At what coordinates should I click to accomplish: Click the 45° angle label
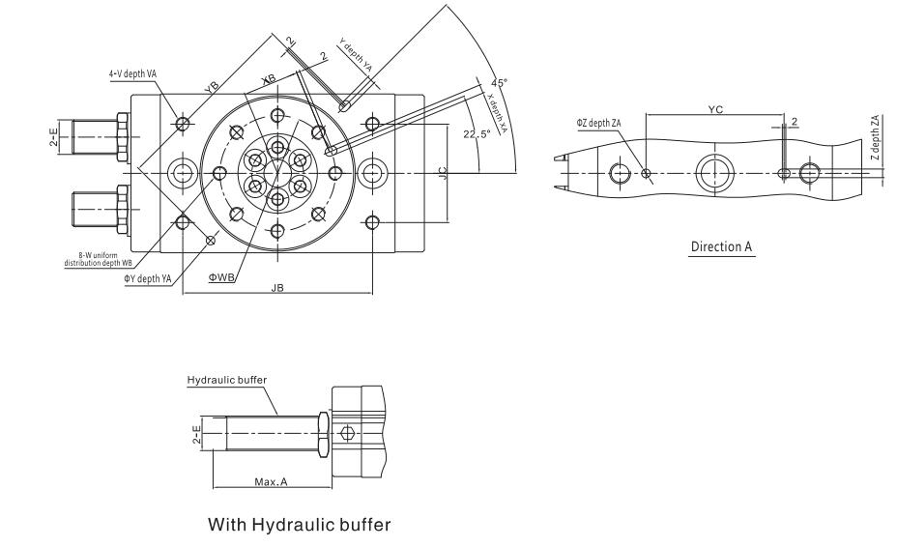[499, 83]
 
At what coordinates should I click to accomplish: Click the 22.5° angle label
[477, 132]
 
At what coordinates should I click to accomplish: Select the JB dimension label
[276, 286]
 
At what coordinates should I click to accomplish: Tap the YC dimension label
[715, 110]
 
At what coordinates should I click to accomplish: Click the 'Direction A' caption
[722, 247]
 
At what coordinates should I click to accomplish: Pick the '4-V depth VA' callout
[132, 73]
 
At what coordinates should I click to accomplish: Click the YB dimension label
[212, 86]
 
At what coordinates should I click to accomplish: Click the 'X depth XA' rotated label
[497, 116]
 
